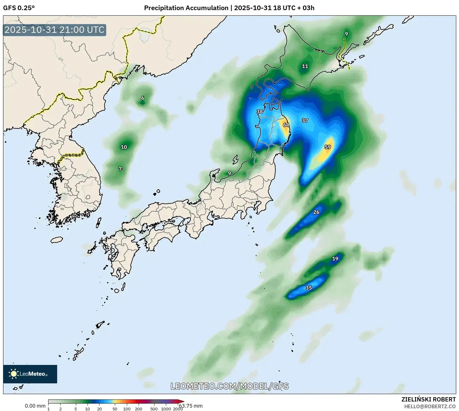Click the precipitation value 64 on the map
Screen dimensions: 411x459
tap(286, 125)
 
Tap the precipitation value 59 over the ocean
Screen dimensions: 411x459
tap(328, 147)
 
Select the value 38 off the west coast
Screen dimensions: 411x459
tap(260, 112)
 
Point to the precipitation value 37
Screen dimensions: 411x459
tap(305, 121)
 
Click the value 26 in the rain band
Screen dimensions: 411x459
tap(316, 212)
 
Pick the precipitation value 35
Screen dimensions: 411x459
tap(309, 288)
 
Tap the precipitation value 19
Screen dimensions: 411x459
tap(335, 259)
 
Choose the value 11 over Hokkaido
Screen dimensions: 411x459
tap(305, 66)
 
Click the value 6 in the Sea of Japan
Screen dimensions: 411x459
tap(143, 98)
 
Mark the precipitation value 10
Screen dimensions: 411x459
tap(124, 147)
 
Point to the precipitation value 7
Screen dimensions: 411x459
tap(120, 169)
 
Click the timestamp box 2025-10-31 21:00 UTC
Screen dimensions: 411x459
tap(55, 30)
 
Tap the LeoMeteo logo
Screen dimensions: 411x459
tap(30, 374)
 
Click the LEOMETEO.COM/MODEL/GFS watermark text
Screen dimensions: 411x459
tap(229, 386)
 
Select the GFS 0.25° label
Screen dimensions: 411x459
tap(19, 8)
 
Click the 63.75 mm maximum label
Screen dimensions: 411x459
tap(191, 406)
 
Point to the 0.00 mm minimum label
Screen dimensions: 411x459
tap(35, 406)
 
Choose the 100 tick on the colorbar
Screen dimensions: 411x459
tap(127, 409)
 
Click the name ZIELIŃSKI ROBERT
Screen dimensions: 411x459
tap(429, 399)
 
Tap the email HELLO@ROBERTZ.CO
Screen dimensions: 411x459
tap(430, 406)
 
